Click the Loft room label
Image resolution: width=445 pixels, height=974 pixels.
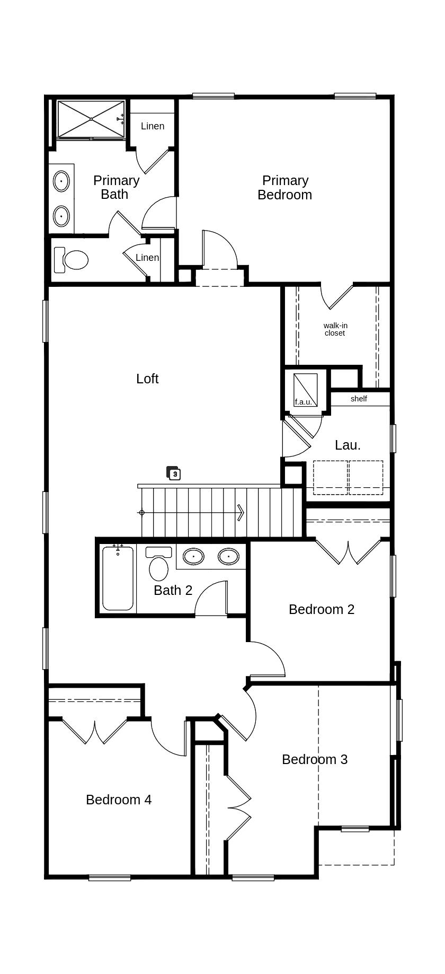tap(147, 379)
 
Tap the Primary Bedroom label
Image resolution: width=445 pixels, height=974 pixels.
tap(285, 188)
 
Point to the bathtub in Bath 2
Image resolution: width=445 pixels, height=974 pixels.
tap(118, 578)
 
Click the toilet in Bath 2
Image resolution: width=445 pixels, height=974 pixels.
tap(159, 564)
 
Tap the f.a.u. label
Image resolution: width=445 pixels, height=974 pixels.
tap(304, 402)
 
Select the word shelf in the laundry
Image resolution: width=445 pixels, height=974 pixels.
tap(359, 399)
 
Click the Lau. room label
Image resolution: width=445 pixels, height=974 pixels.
tap(348, 445)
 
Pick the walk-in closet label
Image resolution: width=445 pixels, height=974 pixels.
tap(335, 329)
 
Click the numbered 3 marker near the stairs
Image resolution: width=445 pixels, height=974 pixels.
tap(174, 473)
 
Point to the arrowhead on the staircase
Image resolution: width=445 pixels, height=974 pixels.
tap(241, 513)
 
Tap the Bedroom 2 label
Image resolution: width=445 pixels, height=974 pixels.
tap(322, 609)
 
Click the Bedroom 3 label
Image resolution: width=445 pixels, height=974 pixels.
tap(315, 759)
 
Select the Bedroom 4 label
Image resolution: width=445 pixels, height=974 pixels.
tap(119, 800)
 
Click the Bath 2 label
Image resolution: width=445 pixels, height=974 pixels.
tap(173, 590)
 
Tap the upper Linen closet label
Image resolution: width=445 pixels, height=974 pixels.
tap(153, 126)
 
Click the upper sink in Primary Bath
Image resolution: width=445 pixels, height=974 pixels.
tap(61, 181)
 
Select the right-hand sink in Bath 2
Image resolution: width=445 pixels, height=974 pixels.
tap(228, 556)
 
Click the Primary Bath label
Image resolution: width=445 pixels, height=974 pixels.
tap(116, 187)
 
